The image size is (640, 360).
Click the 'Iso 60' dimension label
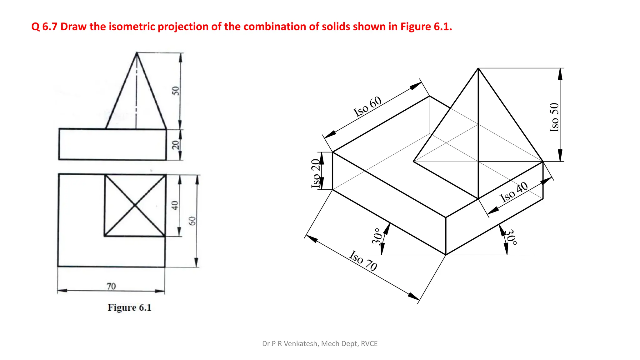[367, 107]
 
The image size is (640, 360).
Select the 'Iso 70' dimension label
[363, 261]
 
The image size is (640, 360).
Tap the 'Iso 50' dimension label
[554, 117]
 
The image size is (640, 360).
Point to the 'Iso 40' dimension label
[514, 192]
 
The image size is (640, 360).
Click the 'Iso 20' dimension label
[316, 173]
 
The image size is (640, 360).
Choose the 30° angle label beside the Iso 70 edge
[377, 236]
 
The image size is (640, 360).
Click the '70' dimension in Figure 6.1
[111, 286]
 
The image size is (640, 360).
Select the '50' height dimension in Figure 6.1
[176, 91]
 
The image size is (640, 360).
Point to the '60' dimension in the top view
[192, 221]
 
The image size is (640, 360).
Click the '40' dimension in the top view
[175, 205]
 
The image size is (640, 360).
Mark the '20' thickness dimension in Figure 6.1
[176, 145]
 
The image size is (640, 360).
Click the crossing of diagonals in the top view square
[135, 205]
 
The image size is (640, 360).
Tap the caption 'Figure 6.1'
[129, 307]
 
